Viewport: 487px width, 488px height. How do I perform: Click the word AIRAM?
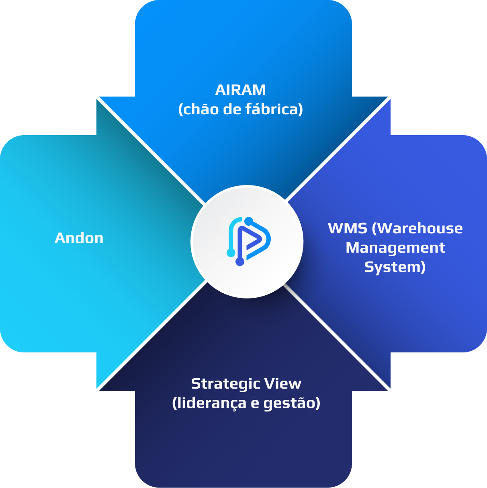(240, 90)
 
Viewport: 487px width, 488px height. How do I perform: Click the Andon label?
(79, 238)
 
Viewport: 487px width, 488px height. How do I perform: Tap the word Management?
(395, 248)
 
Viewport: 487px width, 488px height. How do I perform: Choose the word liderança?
(209, 403)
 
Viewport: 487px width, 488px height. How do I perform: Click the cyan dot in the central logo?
(231, 253)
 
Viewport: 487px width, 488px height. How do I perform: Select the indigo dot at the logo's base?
(240, 262)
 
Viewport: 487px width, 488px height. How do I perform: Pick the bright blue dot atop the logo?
(249, 221)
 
